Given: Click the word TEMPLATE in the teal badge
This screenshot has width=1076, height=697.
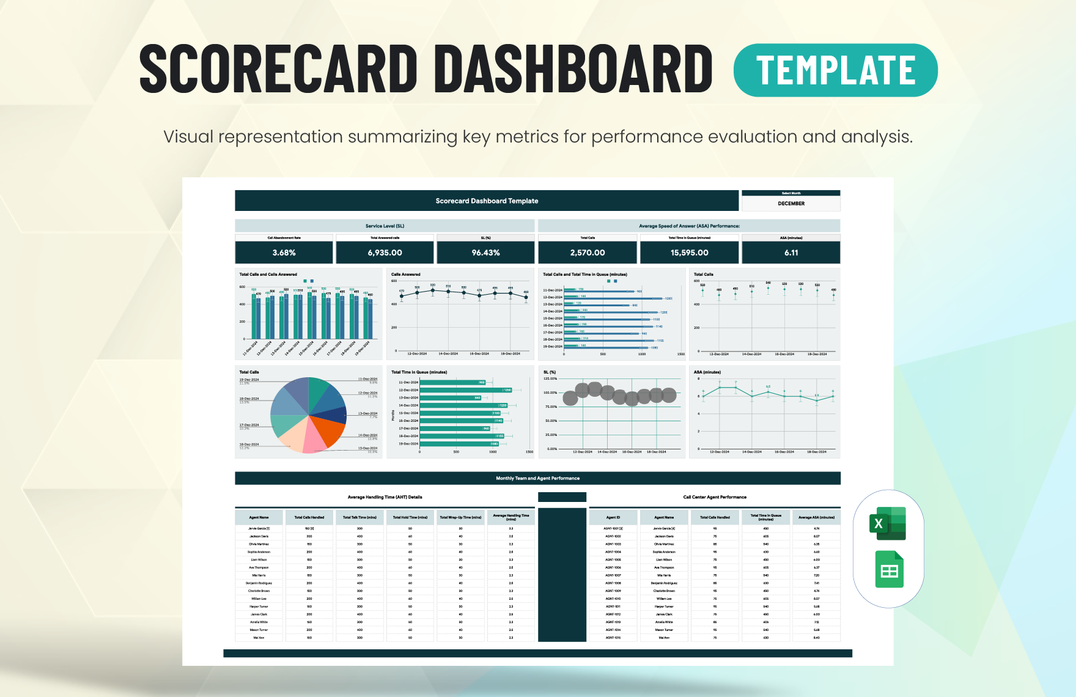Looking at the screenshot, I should coord(835,70).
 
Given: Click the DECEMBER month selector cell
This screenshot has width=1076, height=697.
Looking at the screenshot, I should coord(791,204).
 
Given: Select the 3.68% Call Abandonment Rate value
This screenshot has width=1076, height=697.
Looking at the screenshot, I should coord(284,253).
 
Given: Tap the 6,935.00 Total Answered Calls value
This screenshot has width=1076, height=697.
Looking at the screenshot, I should coord(385,253).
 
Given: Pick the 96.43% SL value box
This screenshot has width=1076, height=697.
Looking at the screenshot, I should coord(485,253).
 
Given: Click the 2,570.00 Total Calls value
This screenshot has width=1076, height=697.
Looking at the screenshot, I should coord(587,253).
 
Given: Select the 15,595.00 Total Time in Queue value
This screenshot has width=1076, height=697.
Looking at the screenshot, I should coord(689,253).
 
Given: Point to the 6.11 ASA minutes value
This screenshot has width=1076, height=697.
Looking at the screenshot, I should coord(790,253).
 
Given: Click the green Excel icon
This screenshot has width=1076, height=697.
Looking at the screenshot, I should coord(887,523).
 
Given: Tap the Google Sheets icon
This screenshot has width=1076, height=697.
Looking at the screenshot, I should coord(889,570).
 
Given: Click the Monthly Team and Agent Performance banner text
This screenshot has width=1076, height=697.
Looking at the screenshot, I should coord(537,478).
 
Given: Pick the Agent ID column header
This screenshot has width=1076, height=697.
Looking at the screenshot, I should coord(613,517).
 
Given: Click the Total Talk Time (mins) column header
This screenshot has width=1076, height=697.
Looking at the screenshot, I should coord(359,517).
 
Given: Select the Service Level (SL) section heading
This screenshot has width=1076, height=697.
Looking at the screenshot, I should coord(385,226).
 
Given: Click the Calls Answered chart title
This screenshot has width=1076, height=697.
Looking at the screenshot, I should coord(405,275).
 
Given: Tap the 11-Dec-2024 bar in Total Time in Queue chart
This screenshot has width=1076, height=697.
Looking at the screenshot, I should coord(452,382).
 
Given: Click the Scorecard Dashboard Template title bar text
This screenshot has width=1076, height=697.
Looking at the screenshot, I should coord(487,201).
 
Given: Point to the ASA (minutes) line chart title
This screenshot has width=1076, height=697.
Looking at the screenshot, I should coord(707,372).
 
